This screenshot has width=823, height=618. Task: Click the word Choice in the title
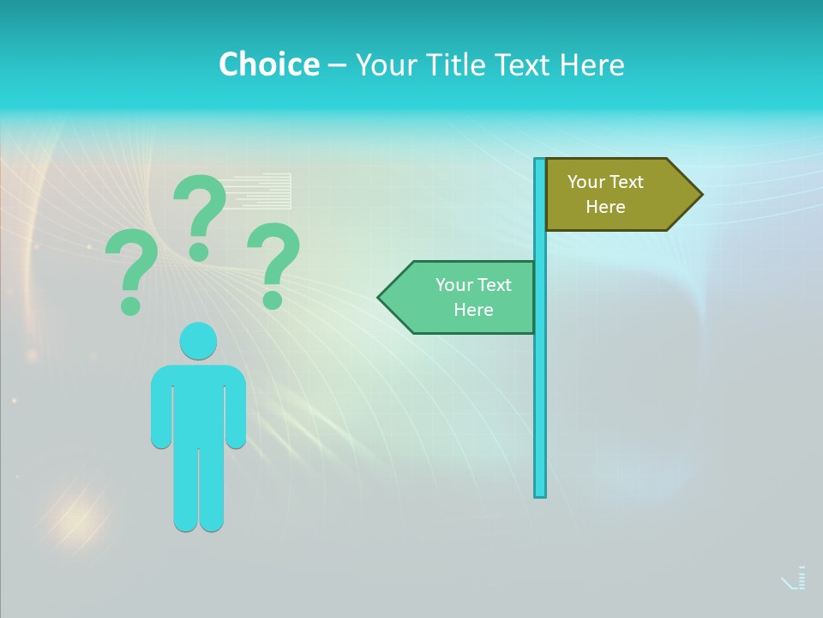[268, 64]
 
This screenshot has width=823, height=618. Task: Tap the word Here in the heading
[592, 64]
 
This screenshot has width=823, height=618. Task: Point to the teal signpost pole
[540, 386]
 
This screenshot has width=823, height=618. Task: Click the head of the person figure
[198, 341]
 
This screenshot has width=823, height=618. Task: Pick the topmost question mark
[200, 215]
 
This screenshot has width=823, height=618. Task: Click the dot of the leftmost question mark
[130, 306]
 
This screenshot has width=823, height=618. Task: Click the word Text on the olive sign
[626, 182]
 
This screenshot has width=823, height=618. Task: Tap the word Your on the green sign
[453, 285]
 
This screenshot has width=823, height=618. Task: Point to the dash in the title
[337, 65]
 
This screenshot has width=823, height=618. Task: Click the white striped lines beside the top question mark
[261, 191]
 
